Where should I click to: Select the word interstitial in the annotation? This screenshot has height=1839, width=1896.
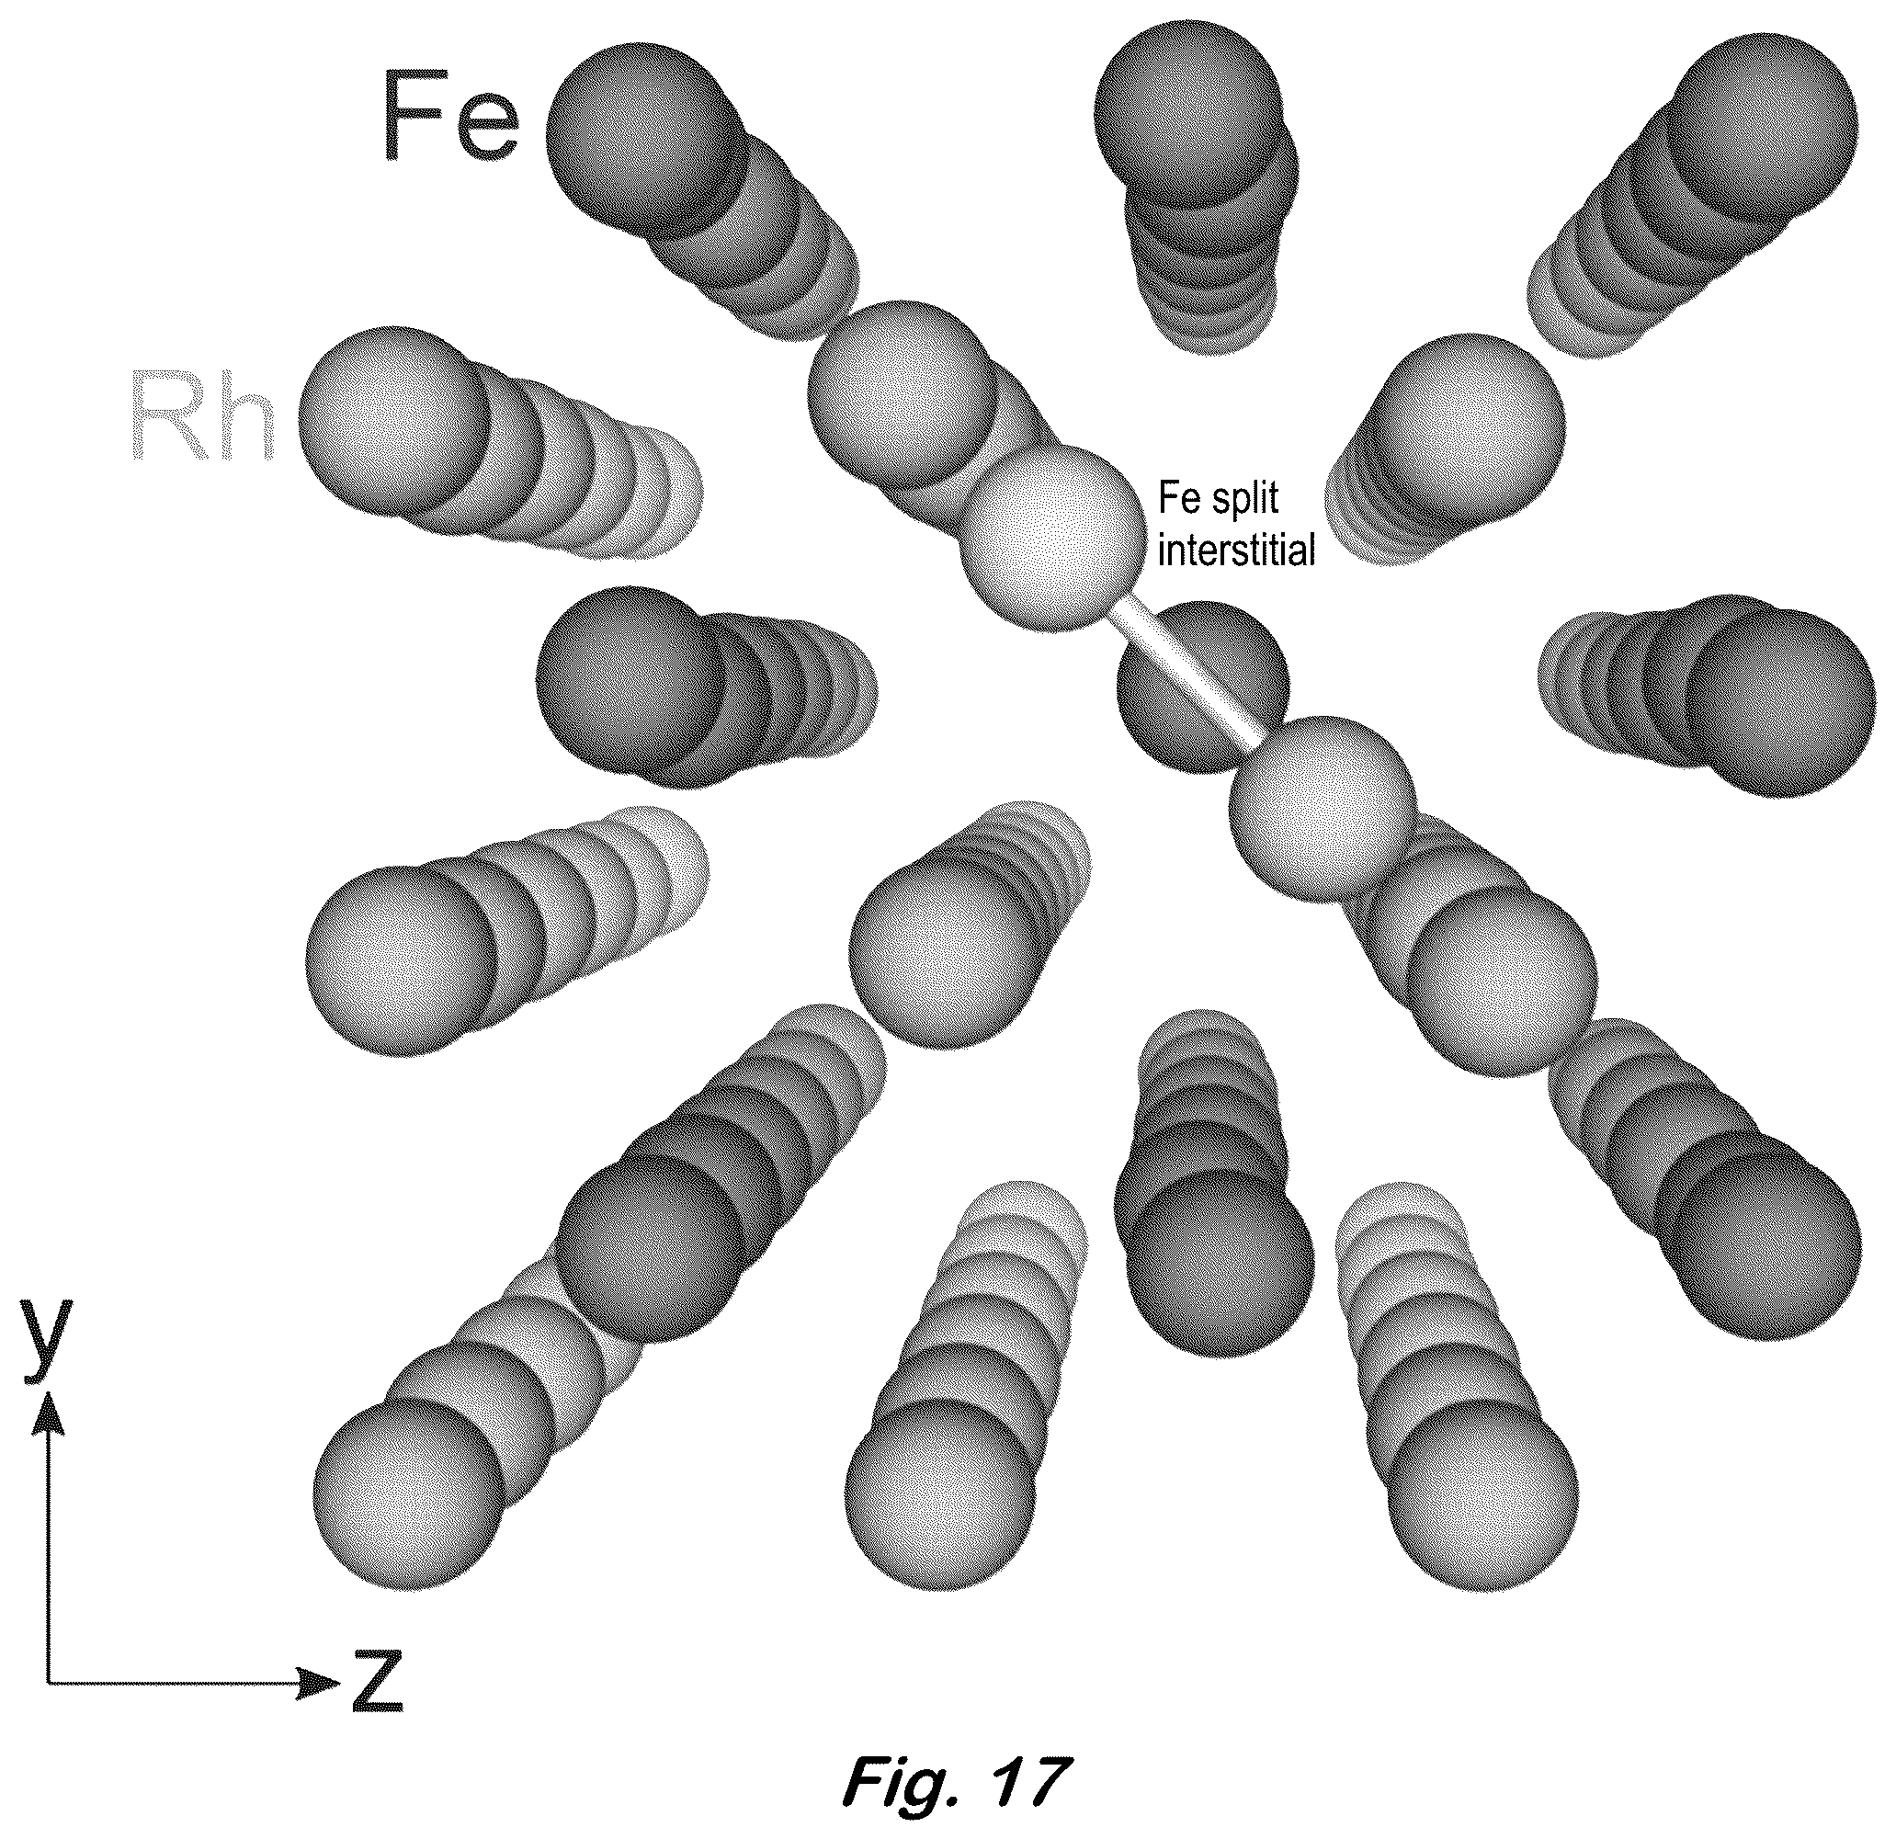1236,551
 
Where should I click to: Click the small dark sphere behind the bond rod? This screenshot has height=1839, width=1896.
1202,685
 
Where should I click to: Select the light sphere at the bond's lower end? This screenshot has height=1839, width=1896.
1322,809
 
